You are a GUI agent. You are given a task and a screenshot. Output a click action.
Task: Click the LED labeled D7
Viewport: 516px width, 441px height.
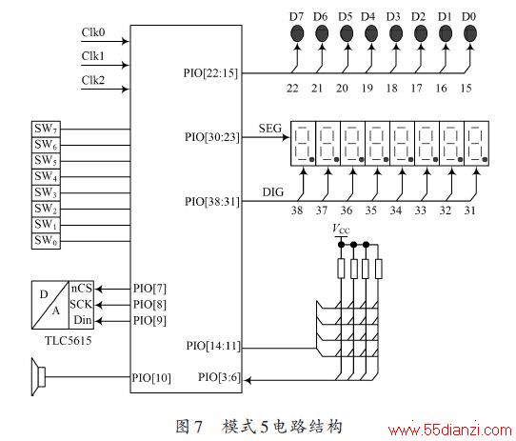(297, 33)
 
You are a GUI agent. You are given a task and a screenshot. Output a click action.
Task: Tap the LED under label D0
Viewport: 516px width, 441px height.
(470, 33)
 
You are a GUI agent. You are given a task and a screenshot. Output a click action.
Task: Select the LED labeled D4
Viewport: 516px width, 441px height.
(371, 33)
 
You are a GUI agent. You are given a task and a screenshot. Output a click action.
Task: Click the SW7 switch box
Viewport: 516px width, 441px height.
(46, 129)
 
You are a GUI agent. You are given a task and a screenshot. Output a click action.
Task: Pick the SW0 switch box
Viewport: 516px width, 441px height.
(46, 241)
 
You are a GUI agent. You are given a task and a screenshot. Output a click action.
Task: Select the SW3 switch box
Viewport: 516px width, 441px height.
(46, 192)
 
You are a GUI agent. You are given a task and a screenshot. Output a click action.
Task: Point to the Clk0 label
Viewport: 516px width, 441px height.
(93, 32)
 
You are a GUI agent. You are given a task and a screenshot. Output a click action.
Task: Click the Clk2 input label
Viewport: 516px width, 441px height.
(93, 80)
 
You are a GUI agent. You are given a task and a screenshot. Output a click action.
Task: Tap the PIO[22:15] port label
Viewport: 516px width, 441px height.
(210, 73)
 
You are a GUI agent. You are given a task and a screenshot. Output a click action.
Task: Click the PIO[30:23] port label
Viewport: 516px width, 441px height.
(212, 137)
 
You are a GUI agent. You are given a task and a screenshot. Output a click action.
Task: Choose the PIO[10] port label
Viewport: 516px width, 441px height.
(151, 378)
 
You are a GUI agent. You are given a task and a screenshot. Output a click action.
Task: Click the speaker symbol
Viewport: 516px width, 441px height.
(38, 377)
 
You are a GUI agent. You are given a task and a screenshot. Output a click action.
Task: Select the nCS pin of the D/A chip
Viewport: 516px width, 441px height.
(81, 289)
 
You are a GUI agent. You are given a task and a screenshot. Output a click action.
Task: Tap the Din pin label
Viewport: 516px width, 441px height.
(83, 320)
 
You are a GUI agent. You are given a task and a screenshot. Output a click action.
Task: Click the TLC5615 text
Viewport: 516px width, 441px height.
(69, 341)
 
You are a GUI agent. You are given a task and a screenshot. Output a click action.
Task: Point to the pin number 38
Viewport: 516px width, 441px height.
(297, 210)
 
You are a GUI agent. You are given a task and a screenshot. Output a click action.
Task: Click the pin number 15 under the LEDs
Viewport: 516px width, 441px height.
(466, 89)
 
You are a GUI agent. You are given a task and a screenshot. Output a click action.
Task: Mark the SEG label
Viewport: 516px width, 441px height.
(270, 129)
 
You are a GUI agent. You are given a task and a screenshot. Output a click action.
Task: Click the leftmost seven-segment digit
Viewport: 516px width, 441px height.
(303, 144)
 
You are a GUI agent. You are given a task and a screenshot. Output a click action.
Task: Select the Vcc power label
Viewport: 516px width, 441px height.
(341, 229)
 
